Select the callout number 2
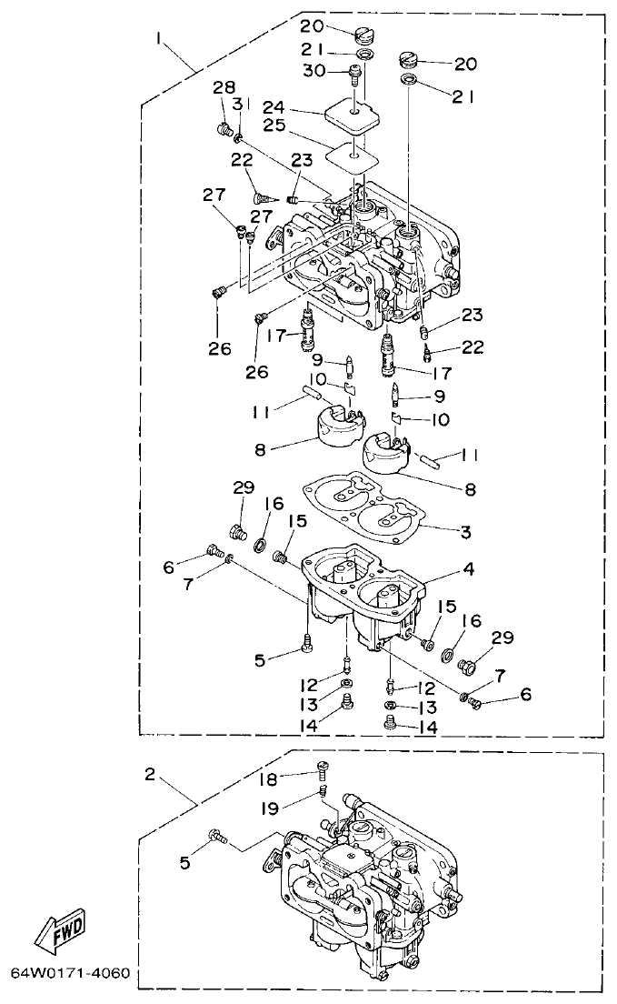(151, 775)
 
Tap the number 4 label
(468, 569)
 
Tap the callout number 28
(224, 87)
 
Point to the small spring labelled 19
(323, 798)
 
